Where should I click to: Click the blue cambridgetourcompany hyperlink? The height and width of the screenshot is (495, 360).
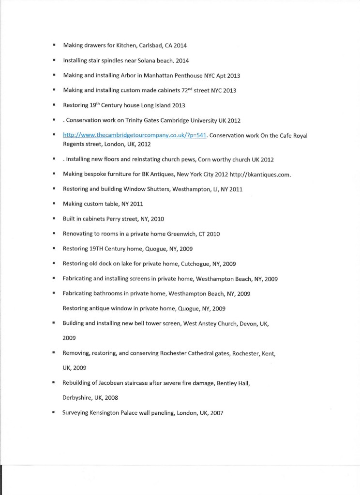coord(135,135)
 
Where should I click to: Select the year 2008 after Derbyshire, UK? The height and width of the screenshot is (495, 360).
coord(111,398)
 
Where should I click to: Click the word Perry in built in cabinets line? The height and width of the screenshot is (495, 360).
coord(115,219)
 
